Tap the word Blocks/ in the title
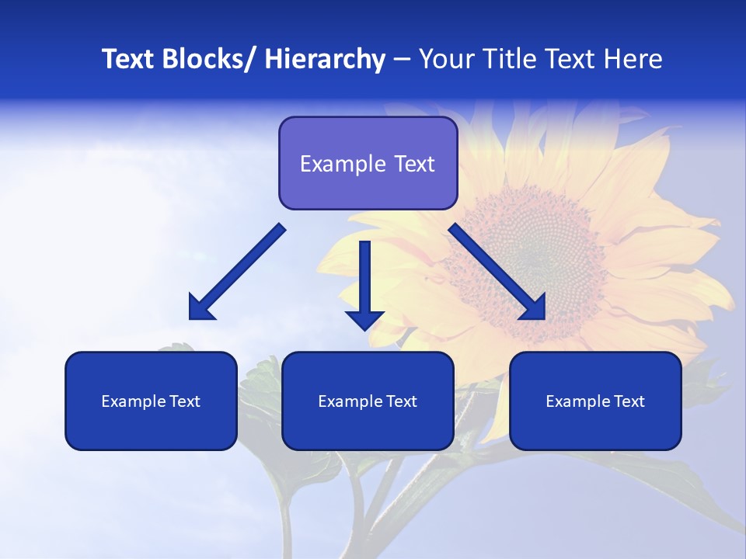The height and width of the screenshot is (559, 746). (211, 59)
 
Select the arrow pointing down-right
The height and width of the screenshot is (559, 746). (493, 269)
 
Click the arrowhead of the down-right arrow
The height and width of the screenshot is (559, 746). (534, 308)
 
